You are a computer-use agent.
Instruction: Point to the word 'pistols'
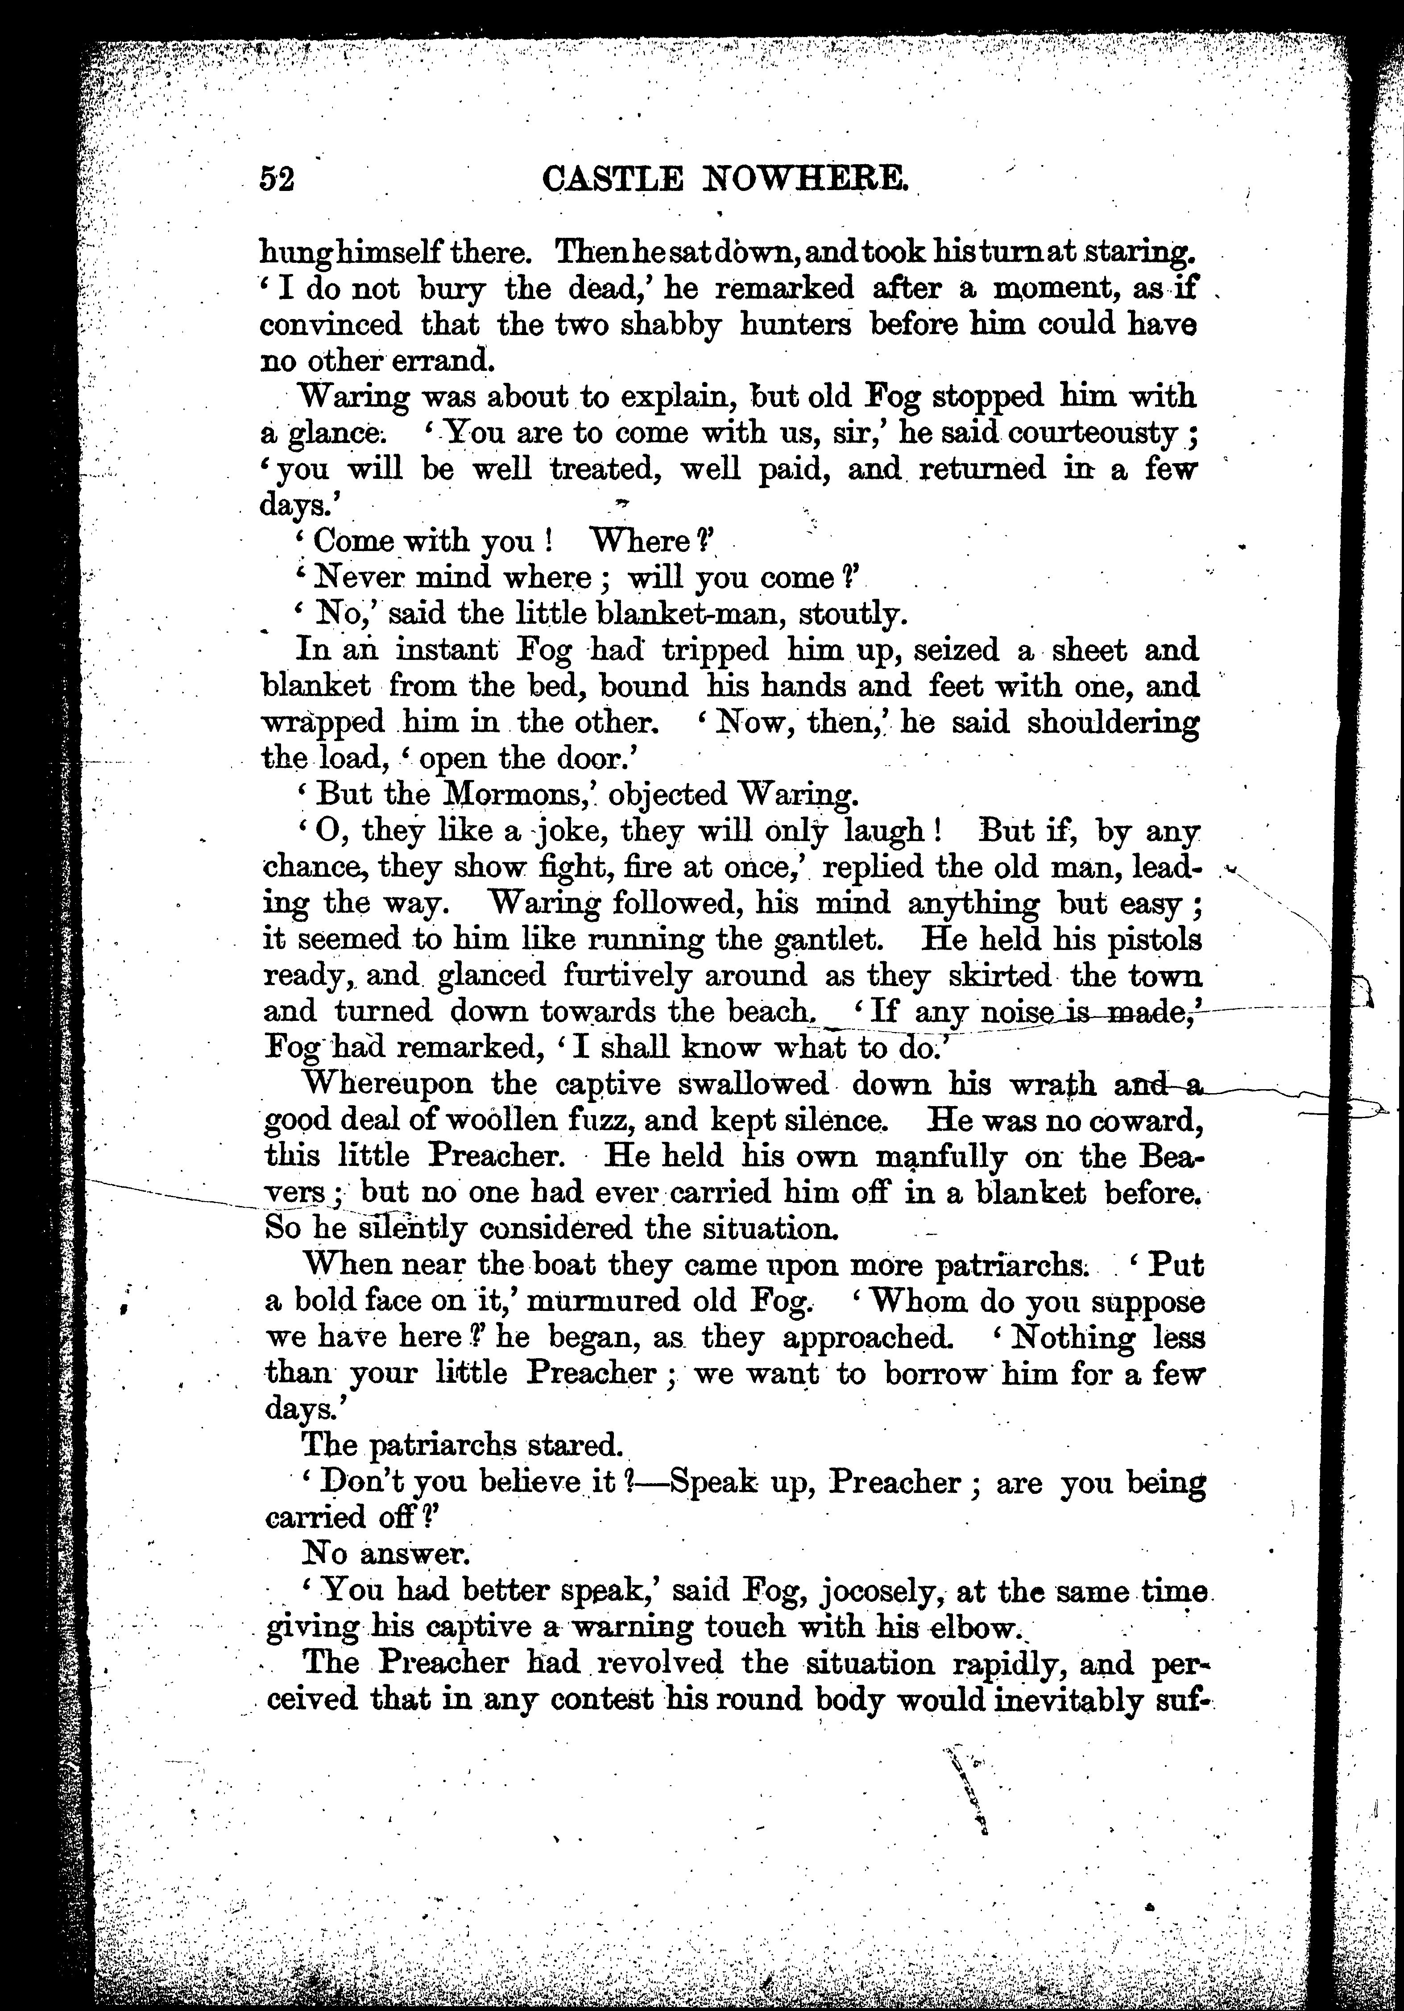coord(1147,939)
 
